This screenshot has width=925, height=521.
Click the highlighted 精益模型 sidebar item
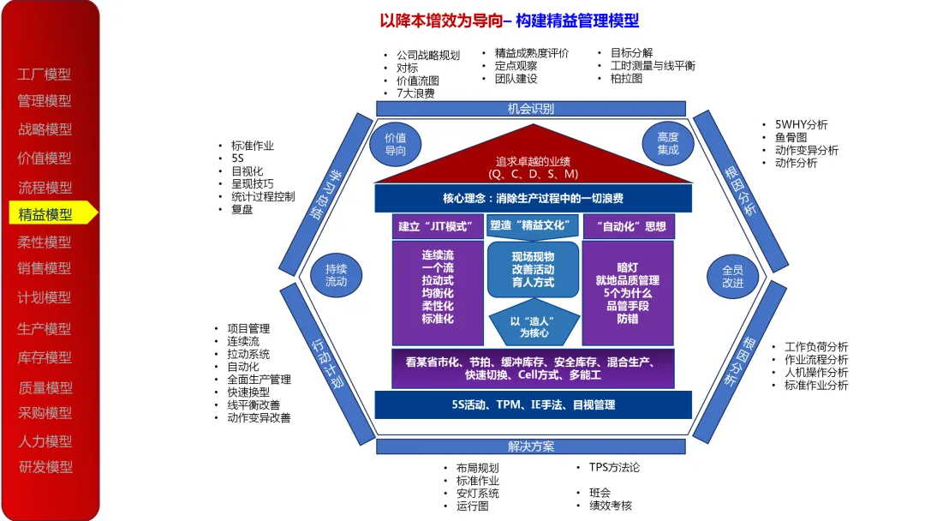click(x=46, y=214)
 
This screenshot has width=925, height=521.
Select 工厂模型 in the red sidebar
click(x=45, y=75)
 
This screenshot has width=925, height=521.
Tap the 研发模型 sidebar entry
click(x=46, y=467)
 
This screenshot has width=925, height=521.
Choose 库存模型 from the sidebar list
click(x=45, y=357)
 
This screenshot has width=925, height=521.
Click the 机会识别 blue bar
click(x=530, y=109)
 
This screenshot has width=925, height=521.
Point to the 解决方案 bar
click(x=530, y=446)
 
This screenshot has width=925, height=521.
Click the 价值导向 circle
click(x=395, y=144)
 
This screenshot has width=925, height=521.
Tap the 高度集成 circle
click(x=668, y=144)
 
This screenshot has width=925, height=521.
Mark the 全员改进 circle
click(x=732, y=275)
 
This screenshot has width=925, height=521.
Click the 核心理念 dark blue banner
click(x=533, y=199)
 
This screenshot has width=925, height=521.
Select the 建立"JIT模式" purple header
click(x=436, y=227)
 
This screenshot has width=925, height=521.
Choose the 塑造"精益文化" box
click(x=533, y=227)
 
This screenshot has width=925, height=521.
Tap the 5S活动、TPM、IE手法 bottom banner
click(x=533, y=404)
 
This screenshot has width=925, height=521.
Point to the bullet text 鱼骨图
click(x=792, y=137)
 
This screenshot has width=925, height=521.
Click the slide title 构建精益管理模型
click(x=577, y=21)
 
